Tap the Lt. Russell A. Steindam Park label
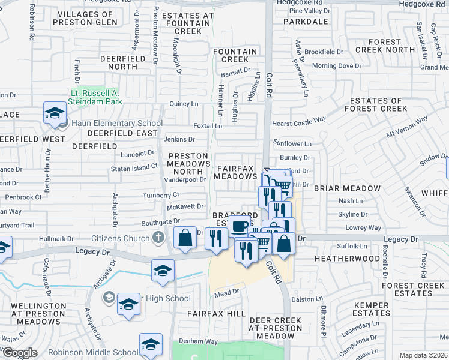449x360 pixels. (x=97, y=97)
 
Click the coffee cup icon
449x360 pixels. (x=240, y=227)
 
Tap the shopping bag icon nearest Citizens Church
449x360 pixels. (x=185, y=238)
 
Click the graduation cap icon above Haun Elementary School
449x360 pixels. (x=55, y=112)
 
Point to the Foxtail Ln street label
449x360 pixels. (x=208, y=126)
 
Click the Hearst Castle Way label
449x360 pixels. (x=299, y=121)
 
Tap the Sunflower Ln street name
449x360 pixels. (x=292, y=144)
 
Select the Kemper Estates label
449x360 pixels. (x=372, y=309)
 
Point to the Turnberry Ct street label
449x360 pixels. (x=161, y=195)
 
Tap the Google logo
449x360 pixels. (x=20, y=353)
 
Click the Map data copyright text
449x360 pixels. (x=423, y=355)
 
